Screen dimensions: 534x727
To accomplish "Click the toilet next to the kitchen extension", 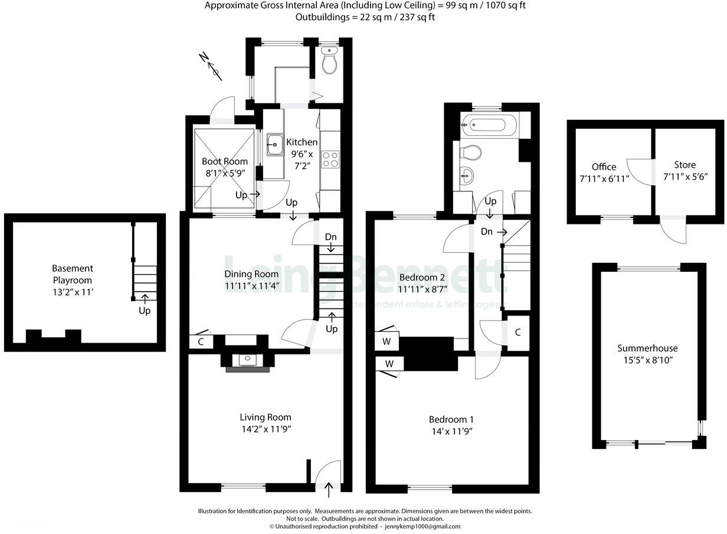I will coord(330,61).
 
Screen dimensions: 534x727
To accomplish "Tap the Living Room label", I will coord(266,417).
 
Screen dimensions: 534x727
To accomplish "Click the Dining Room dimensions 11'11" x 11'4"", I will coord(251,286).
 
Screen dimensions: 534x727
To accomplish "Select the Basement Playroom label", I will coord(73,274).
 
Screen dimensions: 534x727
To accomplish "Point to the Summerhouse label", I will coord(647,348).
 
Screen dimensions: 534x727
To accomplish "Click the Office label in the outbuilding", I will coord(604,167).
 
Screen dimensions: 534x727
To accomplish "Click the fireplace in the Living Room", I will coord(247,362).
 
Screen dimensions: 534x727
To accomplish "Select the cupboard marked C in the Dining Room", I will coord(201,341).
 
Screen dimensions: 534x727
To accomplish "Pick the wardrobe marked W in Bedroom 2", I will coord(387,341).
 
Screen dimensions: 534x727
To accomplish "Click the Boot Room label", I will coord(225,161).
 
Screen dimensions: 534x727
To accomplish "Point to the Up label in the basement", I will coord(144,310).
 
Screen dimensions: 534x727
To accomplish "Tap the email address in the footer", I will coord(423,526).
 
